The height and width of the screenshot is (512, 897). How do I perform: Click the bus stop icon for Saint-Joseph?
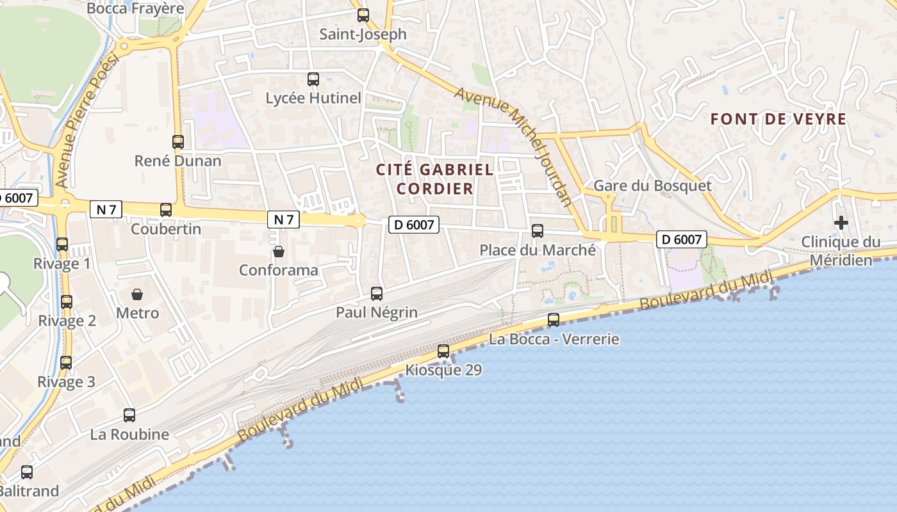coord(363,15)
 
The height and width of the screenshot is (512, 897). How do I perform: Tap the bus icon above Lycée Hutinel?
coord(313,79)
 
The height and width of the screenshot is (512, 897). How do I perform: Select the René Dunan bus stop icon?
coord(178,142)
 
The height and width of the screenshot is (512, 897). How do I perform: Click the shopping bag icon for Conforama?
coord(278,252)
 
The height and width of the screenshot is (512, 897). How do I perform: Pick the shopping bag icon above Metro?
coord(137,294)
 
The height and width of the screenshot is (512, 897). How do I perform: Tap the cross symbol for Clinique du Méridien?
coord(841,223)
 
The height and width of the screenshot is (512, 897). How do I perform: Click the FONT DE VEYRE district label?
coord(778,119)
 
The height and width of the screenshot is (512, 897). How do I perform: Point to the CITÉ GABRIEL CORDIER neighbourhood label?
coord(434,179)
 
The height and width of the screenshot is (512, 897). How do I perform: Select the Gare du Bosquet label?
coord(652,186)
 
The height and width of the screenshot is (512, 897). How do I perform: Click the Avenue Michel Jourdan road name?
coord(513,146)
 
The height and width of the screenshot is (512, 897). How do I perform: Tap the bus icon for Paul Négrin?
coord(377,294)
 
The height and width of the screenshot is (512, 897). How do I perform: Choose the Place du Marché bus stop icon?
coord(538,231)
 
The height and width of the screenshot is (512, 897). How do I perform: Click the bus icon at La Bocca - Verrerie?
coord(554,320)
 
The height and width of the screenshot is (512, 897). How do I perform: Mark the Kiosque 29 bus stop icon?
coord(443,351)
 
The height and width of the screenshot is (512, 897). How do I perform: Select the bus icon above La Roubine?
coord(129,415)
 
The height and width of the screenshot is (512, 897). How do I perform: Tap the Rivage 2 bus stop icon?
coord(67,302)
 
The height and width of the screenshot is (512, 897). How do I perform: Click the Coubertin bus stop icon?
coord(166,210)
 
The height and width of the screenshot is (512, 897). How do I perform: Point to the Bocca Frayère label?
coord(135,8)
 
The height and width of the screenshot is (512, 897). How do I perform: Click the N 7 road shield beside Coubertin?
coord(106,209)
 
